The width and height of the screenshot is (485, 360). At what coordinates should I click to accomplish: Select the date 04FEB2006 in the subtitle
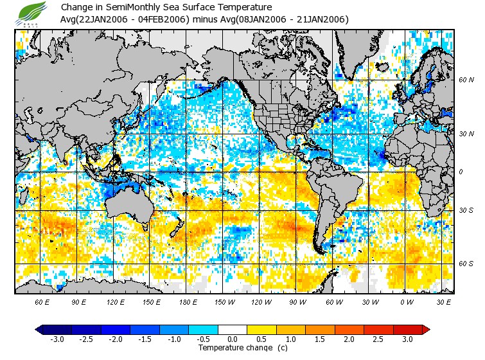[164, 19]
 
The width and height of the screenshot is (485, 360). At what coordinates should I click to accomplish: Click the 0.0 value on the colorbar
[233, 339]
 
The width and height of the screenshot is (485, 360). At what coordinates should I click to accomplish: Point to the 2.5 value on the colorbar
[378, 339]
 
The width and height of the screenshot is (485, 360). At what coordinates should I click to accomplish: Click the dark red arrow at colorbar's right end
[426, 329]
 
